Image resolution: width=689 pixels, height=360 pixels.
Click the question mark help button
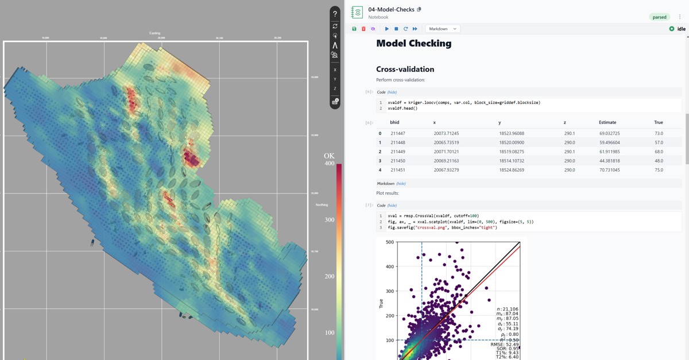point(335,14)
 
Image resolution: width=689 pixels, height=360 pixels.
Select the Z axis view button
point(335,88)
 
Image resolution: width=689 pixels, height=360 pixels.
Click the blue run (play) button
point(387,29)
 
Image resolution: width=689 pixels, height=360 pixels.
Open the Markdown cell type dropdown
point(442,29)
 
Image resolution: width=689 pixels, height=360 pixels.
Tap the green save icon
point(354,29)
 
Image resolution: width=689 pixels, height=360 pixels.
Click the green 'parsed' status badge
point(659,17)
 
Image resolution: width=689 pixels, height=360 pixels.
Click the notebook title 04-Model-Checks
point(391,10)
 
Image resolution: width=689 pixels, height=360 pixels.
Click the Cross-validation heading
point(405,69)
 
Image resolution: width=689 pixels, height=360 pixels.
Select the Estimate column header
point(607,122)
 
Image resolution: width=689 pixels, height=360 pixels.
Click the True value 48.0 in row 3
point(659,161)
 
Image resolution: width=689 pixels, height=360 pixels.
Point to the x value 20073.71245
point(446,133)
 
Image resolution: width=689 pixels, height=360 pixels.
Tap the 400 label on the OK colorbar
point(329,164)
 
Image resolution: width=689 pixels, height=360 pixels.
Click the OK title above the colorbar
point(329,156)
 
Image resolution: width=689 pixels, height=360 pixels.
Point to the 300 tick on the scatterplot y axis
point(390,291)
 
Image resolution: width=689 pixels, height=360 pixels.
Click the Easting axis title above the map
point(154,33)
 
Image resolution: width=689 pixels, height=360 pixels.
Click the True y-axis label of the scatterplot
point(381,303)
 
